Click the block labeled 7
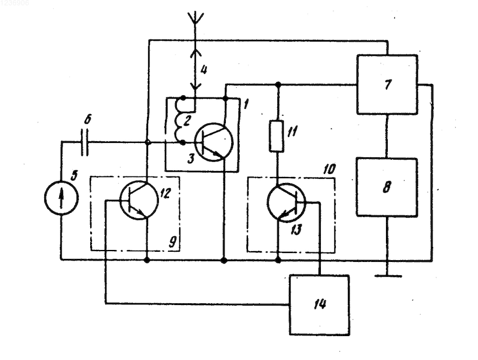(x=387, y=84)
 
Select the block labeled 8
(x=387, y=187)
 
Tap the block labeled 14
(x=319, y=305)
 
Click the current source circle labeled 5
(x=62, y=199)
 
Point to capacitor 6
(x=85, y=142)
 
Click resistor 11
(x=277, y=136)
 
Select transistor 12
(x=139, y=200)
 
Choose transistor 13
(x=287, y=202)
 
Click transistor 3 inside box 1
(x=214, y=142)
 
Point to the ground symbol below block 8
(x=388, y=276)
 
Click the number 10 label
(x=329, y=169)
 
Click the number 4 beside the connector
(x=204, y=70)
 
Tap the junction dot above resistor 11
(x=278, y=84)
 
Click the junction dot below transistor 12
(x=147, y=260)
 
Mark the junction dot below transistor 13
(x=278, y=260)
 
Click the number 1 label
(x=246, y=104)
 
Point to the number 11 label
(x=292, y=132)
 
